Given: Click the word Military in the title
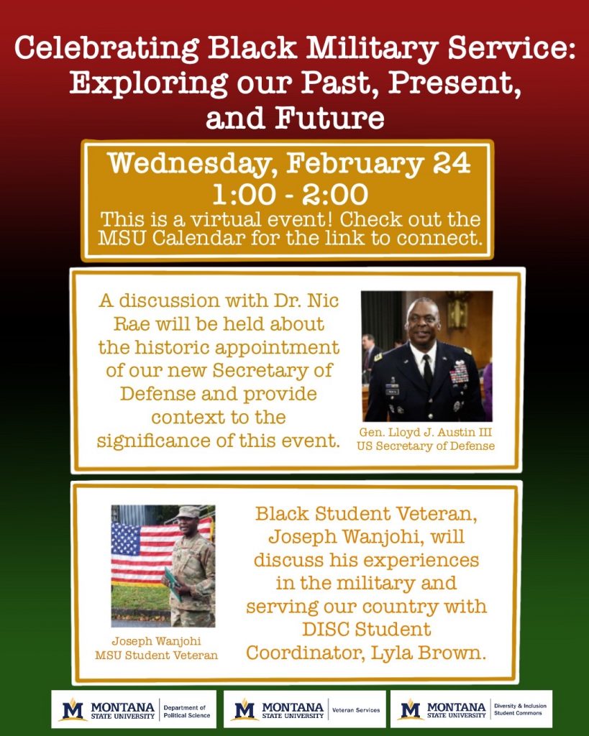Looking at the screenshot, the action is [x=373, y=48].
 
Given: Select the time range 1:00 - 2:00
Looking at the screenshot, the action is [x=291, y=194].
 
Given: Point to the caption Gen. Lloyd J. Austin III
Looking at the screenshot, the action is [x=426, y=432].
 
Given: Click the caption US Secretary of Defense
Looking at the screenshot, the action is [x=426, y=446].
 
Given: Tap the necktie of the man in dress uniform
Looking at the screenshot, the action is [x=427, y=372].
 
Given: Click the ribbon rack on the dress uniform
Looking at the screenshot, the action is [x=459, y=372].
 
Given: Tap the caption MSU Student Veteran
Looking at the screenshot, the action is [x=156, y=655].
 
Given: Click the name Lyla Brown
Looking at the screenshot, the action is [x=428, y=653].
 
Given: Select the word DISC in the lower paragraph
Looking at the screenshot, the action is [x=326, y=630].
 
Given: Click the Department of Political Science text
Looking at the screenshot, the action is [x=186, y=711].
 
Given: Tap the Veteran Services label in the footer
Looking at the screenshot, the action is [x=356, y=710].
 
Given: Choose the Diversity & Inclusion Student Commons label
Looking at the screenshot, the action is [x=520, y=709].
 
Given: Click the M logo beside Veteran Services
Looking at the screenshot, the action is [x=245, y=709].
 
